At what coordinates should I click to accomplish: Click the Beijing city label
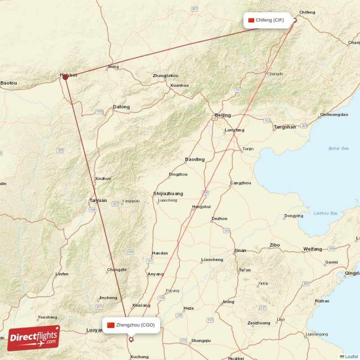coord(223,115)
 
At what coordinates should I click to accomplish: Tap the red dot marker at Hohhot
coord(65,77)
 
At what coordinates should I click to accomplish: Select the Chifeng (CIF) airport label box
coord(266,20)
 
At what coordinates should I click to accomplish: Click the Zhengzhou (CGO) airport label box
coord(131,325)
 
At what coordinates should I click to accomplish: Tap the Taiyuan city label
coord(98,200)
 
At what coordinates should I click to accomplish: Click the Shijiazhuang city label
coord(168,193)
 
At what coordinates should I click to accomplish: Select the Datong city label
coord(121,107)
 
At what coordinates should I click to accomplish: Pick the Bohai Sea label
coord(338,148)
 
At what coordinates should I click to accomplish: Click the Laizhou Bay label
coord(325,213)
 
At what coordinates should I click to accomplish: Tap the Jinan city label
coord(240,251)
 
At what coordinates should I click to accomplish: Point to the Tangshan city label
coord(284,127)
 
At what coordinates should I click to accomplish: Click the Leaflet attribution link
coord(351,356)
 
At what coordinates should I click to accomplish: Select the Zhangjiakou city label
coord(165,76)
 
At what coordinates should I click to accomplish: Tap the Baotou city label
coord(9,83)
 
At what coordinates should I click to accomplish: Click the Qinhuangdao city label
coord(334,115)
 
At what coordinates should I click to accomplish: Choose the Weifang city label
coord(312,249)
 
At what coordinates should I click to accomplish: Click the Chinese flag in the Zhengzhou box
coord(111,325)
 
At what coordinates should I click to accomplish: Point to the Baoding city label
coord(194,159)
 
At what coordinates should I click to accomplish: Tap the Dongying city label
coord(294,216)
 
